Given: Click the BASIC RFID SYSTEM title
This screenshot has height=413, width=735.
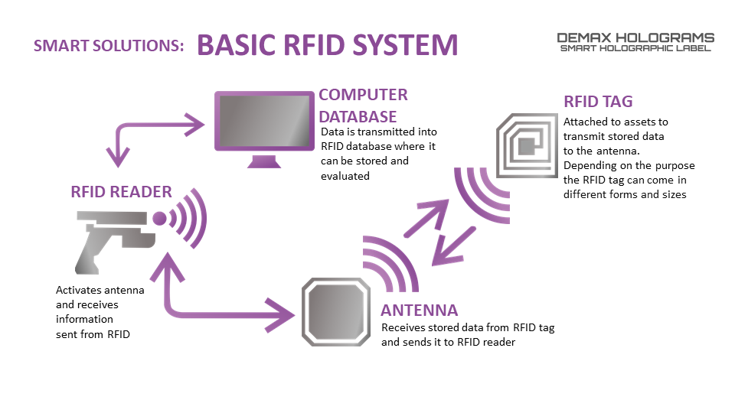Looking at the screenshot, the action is coord(327,45).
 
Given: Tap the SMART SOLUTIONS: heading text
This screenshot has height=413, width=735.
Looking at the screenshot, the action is coord(109,45).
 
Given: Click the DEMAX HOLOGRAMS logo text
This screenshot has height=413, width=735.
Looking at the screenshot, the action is coord(635,38).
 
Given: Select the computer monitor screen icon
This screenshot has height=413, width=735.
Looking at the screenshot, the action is coord(264,121).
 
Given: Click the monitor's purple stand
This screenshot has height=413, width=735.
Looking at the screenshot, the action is coord(264,161).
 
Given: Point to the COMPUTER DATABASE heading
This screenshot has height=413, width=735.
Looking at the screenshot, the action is coord(363,106).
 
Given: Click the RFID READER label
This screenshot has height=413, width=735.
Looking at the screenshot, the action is coord(122,191).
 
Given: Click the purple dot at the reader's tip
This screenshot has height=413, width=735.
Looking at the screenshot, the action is coord(159,219).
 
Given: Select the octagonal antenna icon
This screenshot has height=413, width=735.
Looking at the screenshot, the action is coord(335,312).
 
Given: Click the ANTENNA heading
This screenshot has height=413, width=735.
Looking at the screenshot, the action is coord(419,310).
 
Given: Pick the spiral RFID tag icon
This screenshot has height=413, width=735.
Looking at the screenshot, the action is coord(527,145).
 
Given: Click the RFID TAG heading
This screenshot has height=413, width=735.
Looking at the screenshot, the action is coord(598,101).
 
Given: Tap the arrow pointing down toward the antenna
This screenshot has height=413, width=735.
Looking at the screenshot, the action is coord(453,246).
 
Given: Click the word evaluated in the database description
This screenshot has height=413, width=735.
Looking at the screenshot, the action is coord(345,176).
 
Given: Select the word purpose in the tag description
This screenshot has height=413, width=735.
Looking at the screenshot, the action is coord(675,166).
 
